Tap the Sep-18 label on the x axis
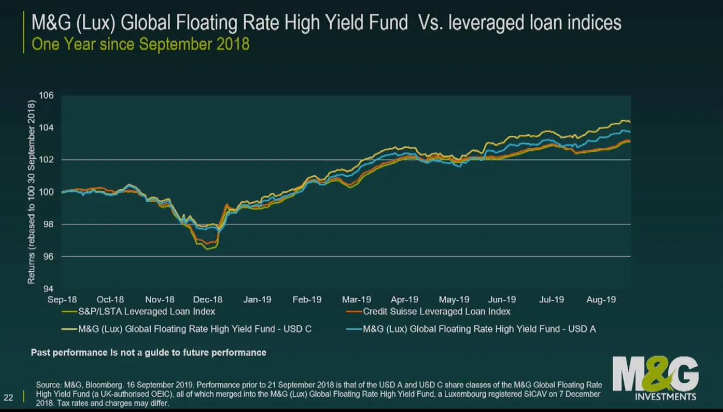click(x=62, y=300)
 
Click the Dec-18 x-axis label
click(x=208, y=300)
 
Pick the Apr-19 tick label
click(x=404, y=300)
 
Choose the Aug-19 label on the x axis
click(x=601, y=300)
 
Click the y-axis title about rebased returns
click(x=31, y=192)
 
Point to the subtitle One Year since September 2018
click(x=141, y=44)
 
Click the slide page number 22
click(x=9, y=397)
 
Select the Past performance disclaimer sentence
click(x=148, y=352)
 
